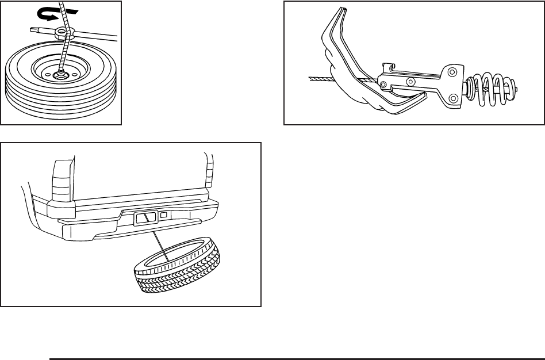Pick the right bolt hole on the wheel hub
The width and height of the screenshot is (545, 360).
point(75,73)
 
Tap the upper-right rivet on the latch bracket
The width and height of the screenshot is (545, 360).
point(452,71)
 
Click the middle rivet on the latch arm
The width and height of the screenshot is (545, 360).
point(410,81)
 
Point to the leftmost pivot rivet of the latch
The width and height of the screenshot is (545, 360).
point(383,85)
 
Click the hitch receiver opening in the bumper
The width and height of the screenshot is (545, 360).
point(145,217)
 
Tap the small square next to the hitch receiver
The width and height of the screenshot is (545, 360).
point(164,216)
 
